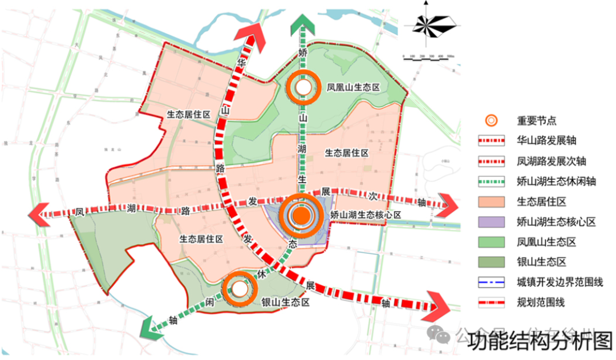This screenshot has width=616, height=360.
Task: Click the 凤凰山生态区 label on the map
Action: pos(353,87)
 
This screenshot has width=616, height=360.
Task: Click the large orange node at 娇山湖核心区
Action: pos(302,215)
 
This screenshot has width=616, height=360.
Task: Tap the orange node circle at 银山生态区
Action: pos(240,289)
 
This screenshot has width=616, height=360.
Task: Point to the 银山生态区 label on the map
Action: pos(285,303)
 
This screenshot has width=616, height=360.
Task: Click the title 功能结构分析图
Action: pos(540,342)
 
